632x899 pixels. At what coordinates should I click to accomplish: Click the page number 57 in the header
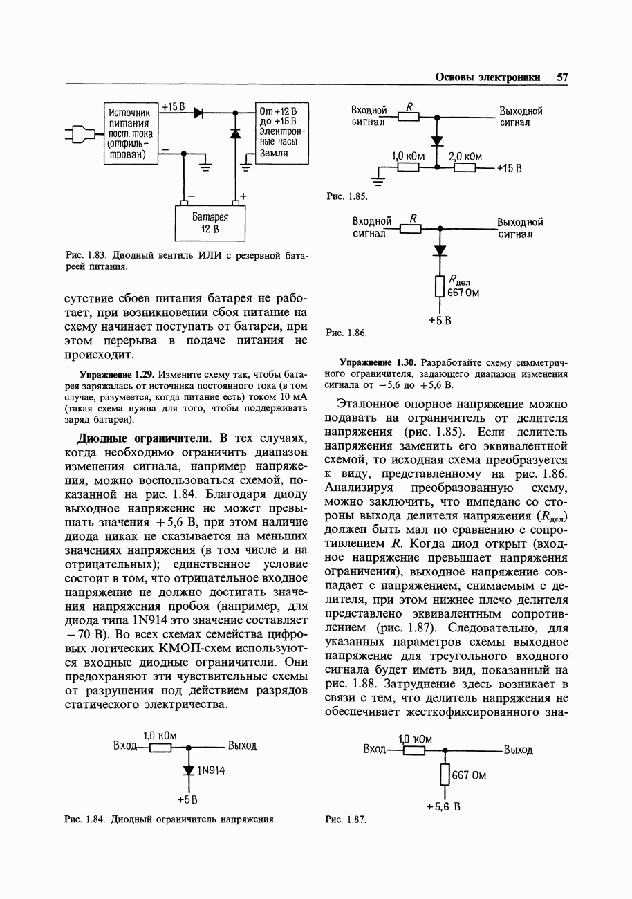pos(562,77)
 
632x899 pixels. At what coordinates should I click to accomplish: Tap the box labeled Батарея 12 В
pos(210,222)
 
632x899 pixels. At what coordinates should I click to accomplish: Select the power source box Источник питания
pos(131,133)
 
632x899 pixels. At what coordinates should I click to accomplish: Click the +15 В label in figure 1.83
pos(173,107)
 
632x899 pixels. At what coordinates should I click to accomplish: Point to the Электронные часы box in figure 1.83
pos(281,133)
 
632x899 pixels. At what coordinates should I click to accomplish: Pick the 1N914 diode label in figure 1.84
pos(212,770)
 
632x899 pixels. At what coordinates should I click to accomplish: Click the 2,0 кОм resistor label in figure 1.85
pos(465,156)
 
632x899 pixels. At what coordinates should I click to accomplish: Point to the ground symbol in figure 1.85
pos(378,182)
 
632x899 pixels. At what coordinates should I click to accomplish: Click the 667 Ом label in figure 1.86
pos(464,293)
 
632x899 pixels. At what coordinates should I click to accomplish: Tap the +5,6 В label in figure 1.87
pos(443,806)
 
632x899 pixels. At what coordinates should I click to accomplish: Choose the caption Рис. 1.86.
pos(346,333)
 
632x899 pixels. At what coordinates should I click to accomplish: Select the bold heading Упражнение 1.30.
pos(378,362)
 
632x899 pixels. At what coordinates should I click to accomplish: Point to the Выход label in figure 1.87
pos(518,750)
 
